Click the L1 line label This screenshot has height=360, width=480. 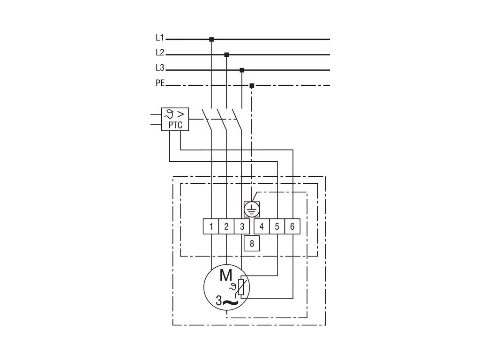[x=160, y=38]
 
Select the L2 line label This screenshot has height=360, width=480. [x=160, y=53]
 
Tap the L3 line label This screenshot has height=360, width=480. [x=160, y=68]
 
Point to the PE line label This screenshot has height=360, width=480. [x=160, y=83]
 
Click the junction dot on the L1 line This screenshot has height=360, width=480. [x=211, y=39]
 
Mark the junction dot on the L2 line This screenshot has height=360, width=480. [x=226, y=54]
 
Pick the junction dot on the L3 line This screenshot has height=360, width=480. [x=242, y=70]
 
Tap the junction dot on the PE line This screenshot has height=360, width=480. [x=252, y=85]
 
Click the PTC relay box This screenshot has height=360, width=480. [x=175, y=120]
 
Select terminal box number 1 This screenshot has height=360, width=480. [x=211, y=226]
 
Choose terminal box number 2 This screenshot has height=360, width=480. [x=226, y=226]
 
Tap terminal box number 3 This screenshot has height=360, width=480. [x=242, y=226]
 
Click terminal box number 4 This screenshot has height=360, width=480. [x=262, y=226]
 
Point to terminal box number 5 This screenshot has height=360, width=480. [x=277, y=226]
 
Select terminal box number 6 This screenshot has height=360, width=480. [x=292, y=226]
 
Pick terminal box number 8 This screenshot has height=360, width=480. [x=252, y=243]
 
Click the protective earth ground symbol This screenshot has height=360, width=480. [x=252, y=209]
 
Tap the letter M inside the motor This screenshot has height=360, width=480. [x=226, y=275]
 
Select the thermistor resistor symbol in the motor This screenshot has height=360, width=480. [x=241, y=287]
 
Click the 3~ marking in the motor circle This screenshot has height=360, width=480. [x=227, y=301]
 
